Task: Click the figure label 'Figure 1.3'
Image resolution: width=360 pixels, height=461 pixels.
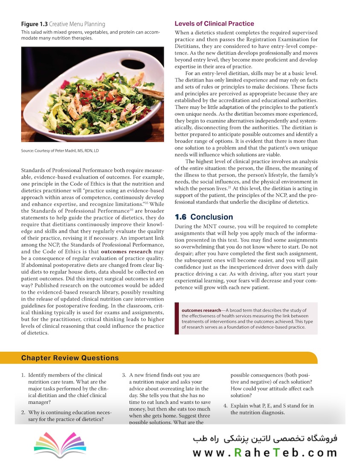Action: [x=34, y=24]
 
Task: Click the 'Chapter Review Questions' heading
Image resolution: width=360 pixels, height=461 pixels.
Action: [x=70, y=358]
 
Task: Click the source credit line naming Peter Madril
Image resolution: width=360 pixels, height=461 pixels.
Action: [x=60, y=151]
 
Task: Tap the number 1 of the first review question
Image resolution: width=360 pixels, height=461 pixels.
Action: [x=23, y=375]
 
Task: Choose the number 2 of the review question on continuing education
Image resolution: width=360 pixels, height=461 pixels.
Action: [x=23, y=413]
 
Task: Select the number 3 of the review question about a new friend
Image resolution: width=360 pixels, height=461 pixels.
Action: [x=124, y=375]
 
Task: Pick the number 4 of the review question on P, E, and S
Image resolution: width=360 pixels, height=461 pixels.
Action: [x=225, y=406]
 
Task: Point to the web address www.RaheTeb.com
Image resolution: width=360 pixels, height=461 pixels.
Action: [x=264, y=452]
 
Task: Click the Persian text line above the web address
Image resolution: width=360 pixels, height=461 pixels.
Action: [x=264, y=439]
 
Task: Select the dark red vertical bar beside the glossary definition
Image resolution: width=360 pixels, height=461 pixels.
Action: [x=177, y=318]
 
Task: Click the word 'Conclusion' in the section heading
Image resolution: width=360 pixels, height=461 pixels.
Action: [x=212, y=217]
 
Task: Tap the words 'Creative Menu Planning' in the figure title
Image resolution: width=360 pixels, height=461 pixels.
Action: [x=77, y=24]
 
